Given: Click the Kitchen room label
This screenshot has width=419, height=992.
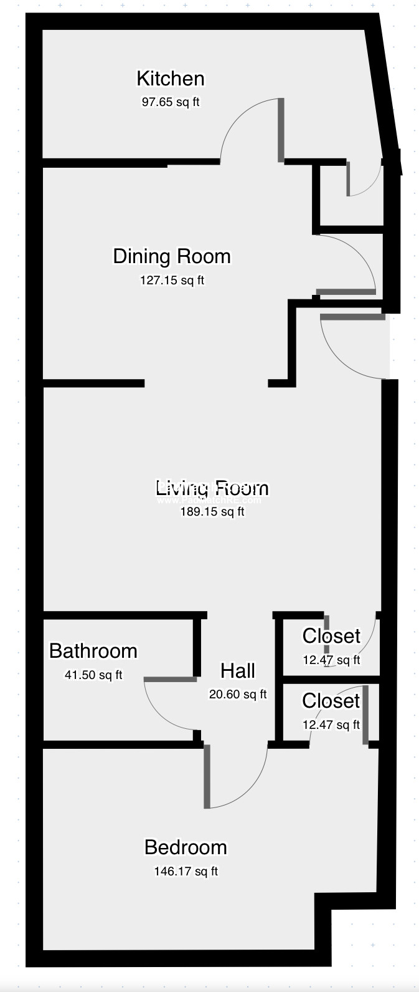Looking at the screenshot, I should tap(170, 79).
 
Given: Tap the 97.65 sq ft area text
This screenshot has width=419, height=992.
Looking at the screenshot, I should tap(170, 102).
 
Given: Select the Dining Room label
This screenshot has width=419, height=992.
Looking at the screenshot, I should tap(171, 256).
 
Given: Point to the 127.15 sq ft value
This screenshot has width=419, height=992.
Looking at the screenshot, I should tap(172, 281).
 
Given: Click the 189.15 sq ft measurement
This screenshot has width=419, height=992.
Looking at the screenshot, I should tap(212, 512).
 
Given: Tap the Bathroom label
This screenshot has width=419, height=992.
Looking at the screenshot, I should tap(93, 651).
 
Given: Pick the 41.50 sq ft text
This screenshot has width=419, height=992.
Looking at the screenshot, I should tap(93, 675).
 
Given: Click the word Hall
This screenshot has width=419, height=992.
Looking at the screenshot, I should tap(237, 671).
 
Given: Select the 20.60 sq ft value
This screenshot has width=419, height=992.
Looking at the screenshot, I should tap(237, 694).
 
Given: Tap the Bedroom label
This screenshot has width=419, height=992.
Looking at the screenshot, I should tap(186, 847).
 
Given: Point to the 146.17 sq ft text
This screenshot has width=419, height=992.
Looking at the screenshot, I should tap(186, 871).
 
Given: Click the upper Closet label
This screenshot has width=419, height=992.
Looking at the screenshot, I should tap(331, 636).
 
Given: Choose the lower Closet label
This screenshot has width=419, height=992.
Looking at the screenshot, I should tap(331, 701).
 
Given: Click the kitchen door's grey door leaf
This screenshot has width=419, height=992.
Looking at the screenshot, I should tap(281, 130).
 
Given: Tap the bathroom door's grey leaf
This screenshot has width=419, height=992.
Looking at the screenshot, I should tap(170, 679).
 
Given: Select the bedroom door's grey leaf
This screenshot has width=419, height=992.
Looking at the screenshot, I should tap(207, 776).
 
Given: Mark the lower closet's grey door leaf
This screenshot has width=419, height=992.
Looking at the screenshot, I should tap(365, 715).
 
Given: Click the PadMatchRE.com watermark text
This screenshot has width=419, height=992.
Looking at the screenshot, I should tap(209, 500).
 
